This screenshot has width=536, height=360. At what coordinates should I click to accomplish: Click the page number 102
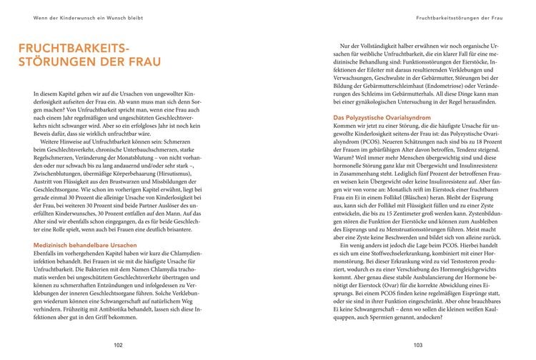click(119, 344)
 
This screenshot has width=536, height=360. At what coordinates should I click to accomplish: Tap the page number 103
click(418, 344)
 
